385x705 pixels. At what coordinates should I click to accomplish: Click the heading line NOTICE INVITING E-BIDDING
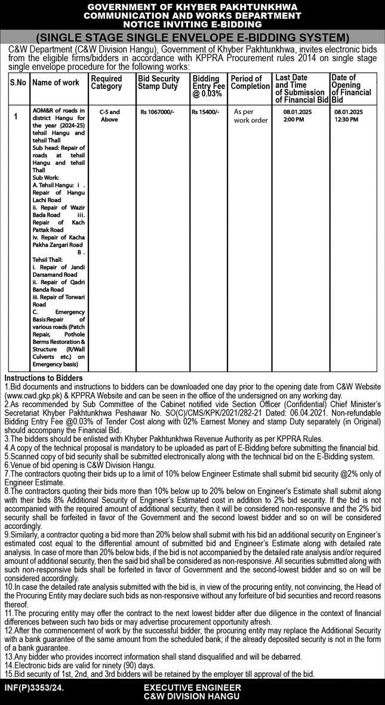(192, 24)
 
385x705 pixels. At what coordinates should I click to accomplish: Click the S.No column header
(18, 83)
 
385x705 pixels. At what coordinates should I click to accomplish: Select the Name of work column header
(56, 83)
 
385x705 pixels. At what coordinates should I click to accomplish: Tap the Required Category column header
(106, 82)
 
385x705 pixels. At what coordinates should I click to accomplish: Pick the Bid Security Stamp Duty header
(158, 82)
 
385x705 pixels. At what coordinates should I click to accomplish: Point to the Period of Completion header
(250, 82)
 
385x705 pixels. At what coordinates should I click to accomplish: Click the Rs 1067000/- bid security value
(157, 112)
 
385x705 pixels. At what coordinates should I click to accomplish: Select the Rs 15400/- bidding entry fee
(205, 112)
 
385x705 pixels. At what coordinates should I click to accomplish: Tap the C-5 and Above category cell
(109, 115)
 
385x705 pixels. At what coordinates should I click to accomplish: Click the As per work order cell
(251, 115)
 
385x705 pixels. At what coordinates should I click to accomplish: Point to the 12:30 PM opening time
(346, 119)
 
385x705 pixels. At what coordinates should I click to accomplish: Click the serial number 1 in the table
(16, 116)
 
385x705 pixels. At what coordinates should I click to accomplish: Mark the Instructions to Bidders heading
(43, 378)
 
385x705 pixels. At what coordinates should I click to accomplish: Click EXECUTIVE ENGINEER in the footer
(192, 688)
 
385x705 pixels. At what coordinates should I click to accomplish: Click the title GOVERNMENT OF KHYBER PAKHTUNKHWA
(192, 7)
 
